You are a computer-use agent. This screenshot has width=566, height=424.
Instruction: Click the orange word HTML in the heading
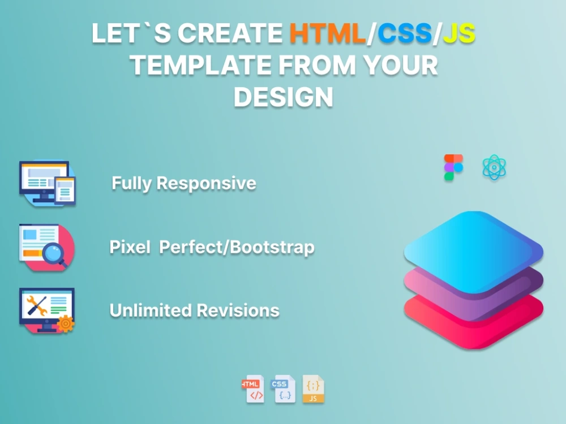pyautogui.click(x=327, y=34)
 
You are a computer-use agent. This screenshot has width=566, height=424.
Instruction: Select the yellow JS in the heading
pyautogui.click(x=458, y=34)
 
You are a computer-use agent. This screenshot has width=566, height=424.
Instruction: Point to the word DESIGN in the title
pyautogui.click(x=283, y=97)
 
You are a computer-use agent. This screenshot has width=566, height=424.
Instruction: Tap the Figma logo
pyautogui.click(x=453, y=168)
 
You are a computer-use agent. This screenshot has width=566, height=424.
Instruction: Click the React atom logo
pyautogui.click(x=494, y=168)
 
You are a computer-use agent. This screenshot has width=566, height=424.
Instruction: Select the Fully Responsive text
pyautogui.click(x=183, y=183)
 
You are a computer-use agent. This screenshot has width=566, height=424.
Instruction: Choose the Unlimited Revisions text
pyautogui.click(x=194, y=310)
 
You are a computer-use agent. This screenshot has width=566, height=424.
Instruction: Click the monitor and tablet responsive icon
pyautogui.click(x=47, y=183)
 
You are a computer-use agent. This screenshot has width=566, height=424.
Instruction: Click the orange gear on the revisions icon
pyautogui.click(x=66, y=323)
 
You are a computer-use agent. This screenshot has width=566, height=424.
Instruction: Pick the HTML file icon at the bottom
pyautogui.click(x=254, y=389)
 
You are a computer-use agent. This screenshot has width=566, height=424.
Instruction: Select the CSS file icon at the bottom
pyautogui.click(x=283, y=389)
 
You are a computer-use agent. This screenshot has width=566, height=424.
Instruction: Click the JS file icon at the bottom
pyautogui.click(x=313, y=389)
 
